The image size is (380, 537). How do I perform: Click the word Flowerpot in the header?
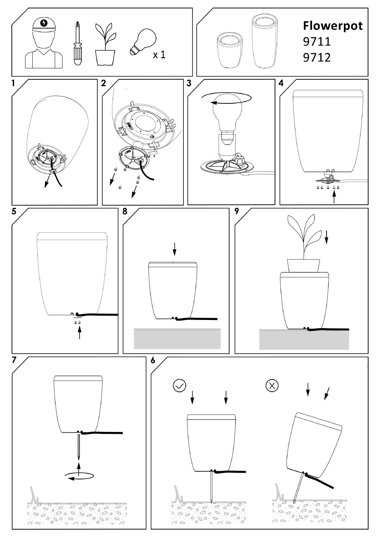333,26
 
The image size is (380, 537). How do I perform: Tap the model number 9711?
317,42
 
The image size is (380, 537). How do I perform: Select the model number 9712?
317,57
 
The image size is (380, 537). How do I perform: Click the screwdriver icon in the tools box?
78,43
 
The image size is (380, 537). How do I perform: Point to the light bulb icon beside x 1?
143,42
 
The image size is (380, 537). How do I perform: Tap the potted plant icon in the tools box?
106,44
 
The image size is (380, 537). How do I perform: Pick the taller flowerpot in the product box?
265,42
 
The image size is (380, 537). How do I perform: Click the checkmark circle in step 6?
179,386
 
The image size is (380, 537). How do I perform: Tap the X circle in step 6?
272,386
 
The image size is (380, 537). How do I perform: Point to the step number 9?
236,212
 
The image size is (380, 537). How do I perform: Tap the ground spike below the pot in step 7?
79,447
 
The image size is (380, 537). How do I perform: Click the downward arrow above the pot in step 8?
174,249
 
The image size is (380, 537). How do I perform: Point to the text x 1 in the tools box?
159,55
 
